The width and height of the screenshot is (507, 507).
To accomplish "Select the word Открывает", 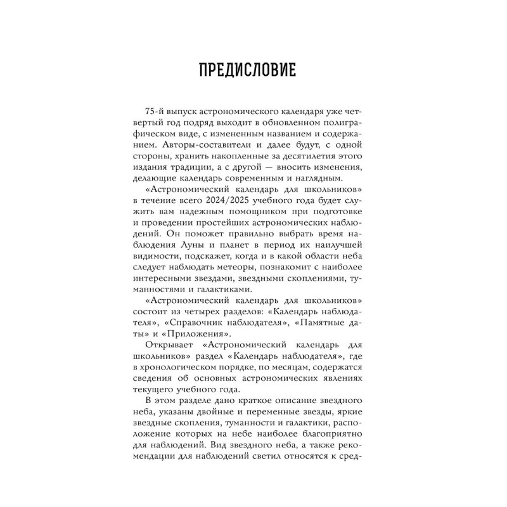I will click(166, 347).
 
